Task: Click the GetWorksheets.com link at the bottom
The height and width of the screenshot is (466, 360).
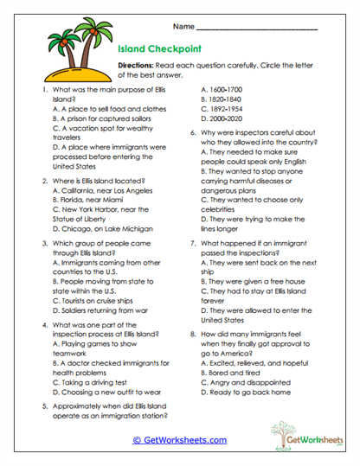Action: click(179, 440)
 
